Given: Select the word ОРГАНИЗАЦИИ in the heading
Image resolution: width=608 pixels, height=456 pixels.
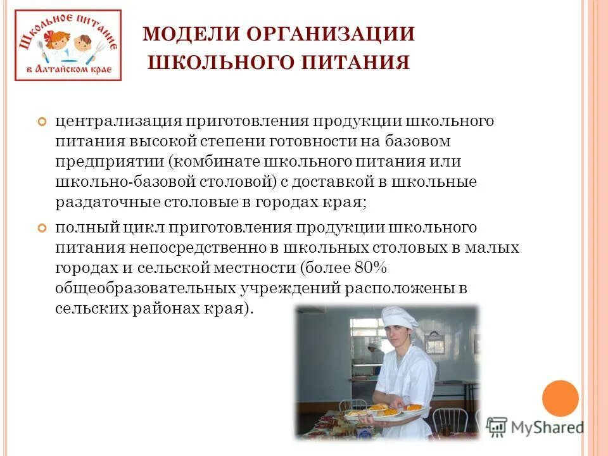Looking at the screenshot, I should tap(330, 34).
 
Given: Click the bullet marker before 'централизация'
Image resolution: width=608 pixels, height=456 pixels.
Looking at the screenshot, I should tap(43, 121).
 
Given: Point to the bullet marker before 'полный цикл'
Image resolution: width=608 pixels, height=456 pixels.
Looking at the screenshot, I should tap(43, 227).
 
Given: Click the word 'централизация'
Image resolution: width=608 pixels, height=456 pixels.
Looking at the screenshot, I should tap(118, 120).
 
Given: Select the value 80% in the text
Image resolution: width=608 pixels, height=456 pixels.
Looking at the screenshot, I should tap(368, 268).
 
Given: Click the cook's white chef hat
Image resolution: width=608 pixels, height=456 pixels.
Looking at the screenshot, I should tap(401, 317).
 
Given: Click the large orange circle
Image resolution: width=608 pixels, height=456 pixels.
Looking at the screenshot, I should tap(560, 398).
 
